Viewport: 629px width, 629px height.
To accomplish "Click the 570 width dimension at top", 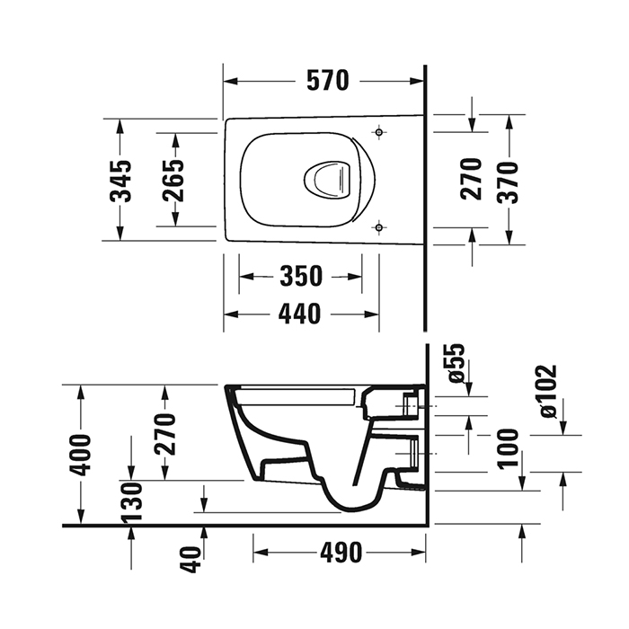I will pyautogui.click(x=325, y=81).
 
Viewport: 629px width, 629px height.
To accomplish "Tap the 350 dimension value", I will pyautogui.click(x=300, y=277).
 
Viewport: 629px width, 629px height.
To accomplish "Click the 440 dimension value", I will pyautogui.click(x=300, y=314).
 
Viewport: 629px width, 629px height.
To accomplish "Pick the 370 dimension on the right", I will pyautogui.click(x=508, y=179).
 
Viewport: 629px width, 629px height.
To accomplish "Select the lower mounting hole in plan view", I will pyautogui.click(x=381, y=226).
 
